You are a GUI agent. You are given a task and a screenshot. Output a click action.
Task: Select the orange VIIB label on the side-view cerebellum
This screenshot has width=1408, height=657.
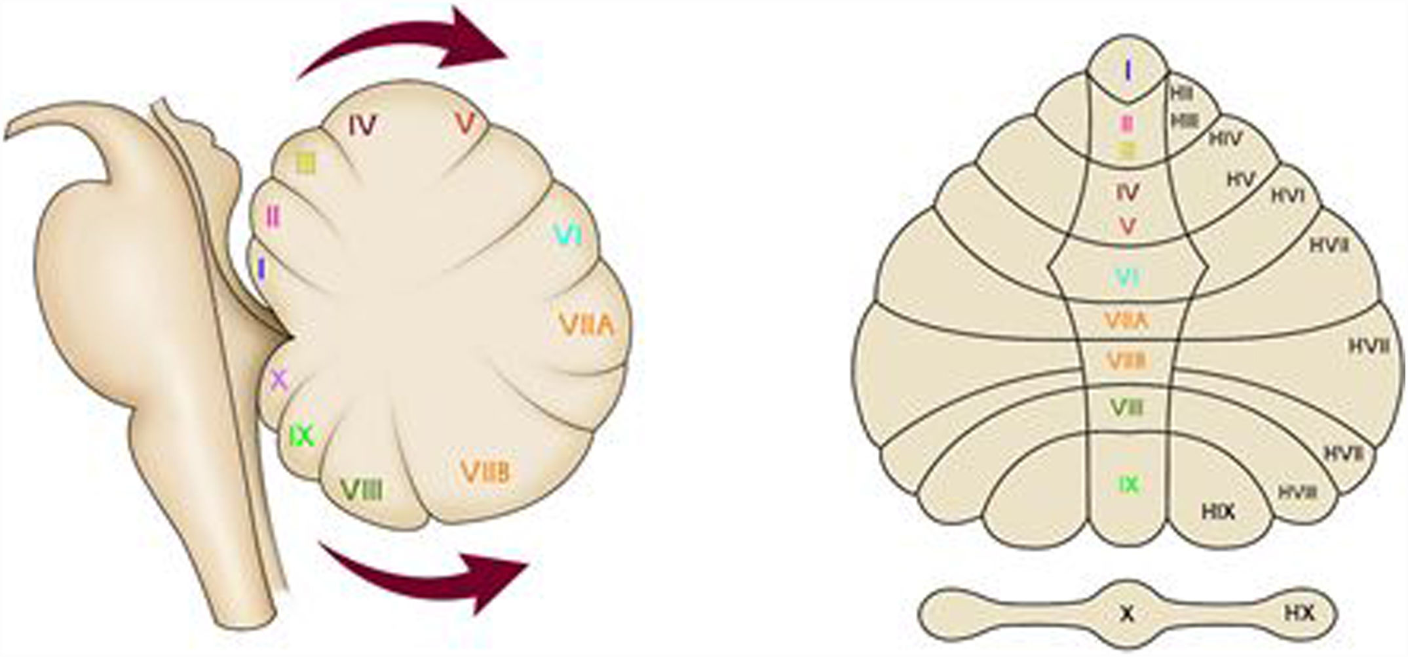click(485, 471)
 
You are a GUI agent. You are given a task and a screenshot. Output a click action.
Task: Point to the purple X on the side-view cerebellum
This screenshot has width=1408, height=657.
click(279, 380)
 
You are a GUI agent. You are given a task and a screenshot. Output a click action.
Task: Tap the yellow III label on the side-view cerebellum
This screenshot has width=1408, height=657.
click(306, 163)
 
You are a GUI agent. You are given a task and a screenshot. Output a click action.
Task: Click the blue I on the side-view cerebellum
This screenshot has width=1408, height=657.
click(261, 268)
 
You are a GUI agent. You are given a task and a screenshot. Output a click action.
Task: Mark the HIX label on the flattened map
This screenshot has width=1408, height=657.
click(1218, 511)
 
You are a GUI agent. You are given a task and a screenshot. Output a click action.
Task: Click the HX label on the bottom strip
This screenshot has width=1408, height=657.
click(1299, 613)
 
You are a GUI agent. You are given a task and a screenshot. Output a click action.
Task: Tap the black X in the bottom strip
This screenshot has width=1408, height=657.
click(1127, 614)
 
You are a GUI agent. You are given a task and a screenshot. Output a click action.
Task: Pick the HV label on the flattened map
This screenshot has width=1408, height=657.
click(1240, 179)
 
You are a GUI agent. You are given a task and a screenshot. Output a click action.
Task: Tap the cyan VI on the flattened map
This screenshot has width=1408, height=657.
click(1127, 278)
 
